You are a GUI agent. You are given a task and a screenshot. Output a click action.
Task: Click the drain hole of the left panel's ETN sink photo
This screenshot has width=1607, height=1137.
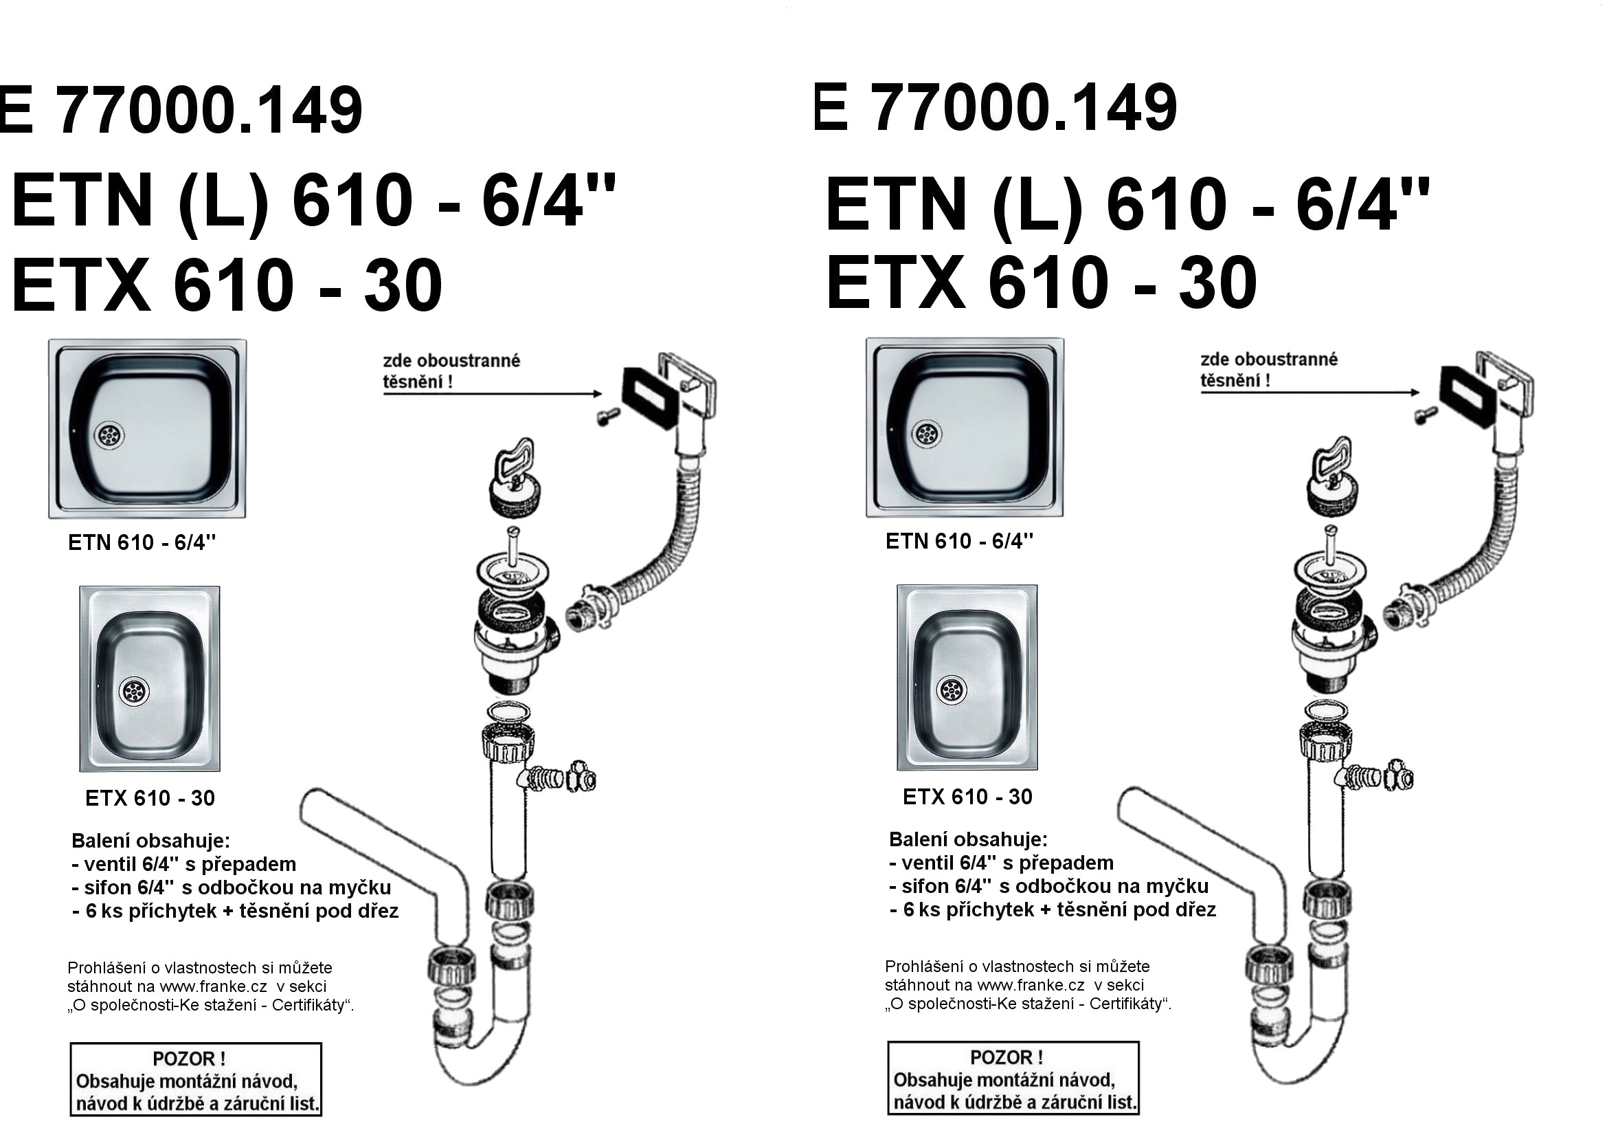(x=109, y=434)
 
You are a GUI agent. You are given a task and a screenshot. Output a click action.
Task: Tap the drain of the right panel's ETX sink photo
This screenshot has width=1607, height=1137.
(x=951, y=689)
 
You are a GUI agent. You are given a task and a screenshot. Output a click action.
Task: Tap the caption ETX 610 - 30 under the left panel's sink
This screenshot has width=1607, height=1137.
(x=150, y=799)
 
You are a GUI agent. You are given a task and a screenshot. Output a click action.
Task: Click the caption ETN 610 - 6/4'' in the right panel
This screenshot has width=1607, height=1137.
(x=960, y=541)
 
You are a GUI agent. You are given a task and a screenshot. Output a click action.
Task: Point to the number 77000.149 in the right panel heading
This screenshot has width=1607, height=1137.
(x=1023, y=109)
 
